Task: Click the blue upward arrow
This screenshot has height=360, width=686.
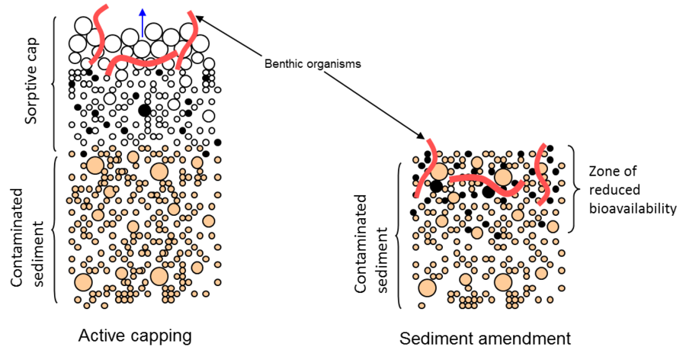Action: [x=142, y=21]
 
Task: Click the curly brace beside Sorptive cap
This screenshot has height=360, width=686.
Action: [x=55, y=82]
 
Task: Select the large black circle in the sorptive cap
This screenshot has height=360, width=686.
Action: [x=144, y=111]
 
